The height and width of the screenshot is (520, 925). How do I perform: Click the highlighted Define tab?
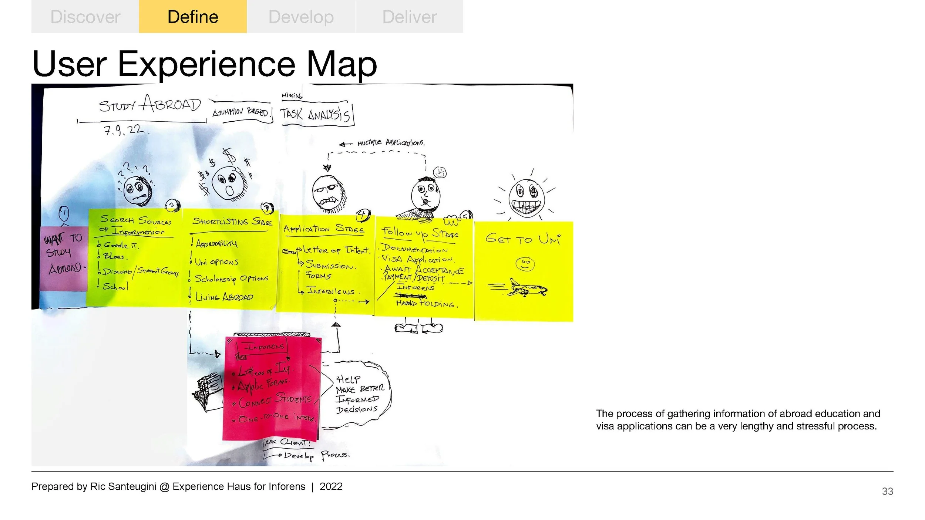[193, 17]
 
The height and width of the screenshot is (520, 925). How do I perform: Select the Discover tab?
[85, 17]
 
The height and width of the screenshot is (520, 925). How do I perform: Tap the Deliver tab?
[409, 17]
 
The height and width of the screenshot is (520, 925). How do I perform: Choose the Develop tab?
[301, 17]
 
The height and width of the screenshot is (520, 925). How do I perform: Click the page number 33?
[887, 491]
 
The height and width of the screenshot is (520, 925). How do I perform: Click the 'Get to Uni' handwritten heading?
[523, 239]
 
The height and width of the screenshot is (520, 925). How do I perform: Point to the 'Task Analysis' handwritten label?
[314, 114]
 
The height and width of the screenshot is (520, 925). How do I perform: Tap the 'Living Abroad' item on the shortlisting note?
[224, 297]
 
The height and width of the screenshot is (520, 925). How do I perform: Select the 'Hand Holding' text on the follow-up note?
[427, 304]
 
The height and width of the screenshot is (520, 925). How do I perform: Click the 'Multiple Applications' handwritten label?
[390, 143]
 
